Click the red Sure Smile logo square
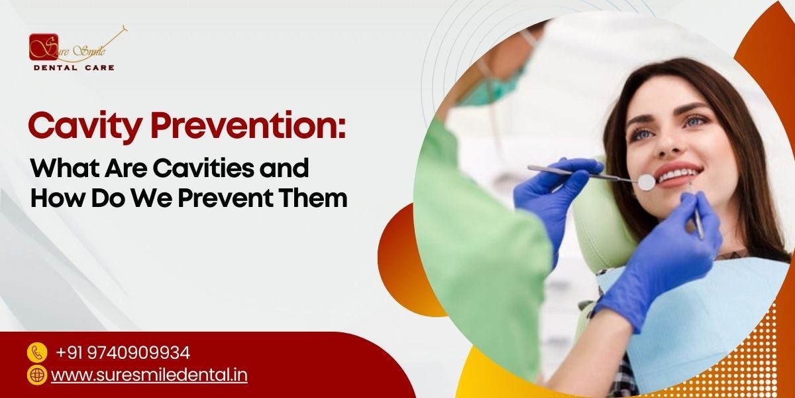(x=43, y=47)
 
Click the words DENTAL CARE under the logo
(x=74, y=68)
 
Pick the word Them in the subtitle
(x=320, y=198)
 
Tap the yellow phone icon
(x=37, y=352)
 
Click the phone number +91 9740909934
(x=123, y=352)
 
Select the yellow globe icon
(x=37, y=375)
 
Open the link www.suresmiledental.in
(x=149, y=375)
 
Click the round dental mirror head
(x=646, y=181)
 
